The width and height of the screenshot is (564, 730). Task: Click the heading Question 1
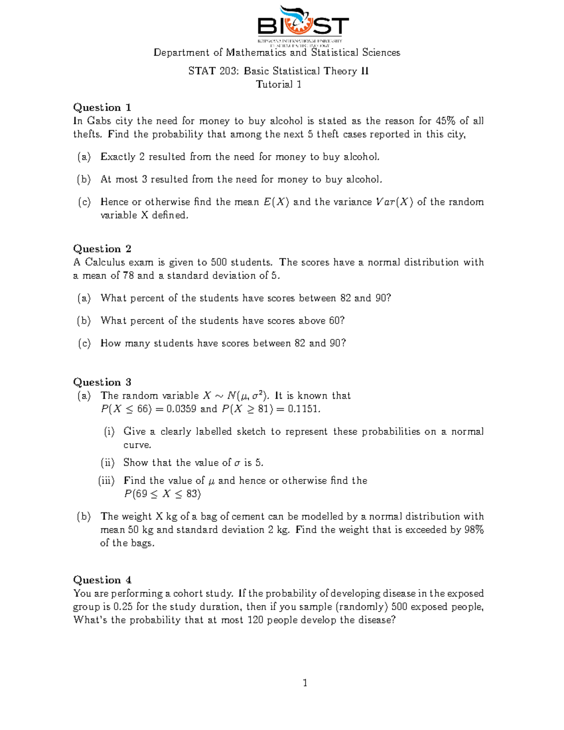[102, 108]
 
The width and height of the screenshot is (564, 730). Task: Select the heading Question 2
[102, 249]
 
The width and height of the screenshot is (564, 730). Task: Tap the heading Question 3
[102, 382]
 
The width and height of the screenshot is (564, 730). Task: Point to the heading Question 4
[102, 580]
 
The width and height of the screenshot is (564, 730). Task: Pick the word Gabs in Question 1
[99, 121]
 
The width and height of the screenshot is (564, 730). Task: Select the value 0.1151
[304, 409]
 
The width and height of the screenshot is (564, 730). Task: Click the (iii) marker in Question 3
[106, 480]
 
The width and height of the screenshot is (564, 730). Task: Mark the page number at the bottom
[305, 683]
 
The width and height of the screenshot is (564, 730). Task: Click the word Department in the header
[181, 53]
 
